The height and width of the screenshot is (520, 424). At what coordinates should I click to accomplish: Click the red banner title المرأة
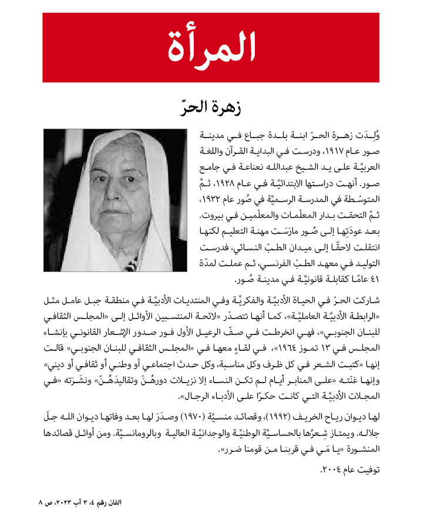[212, 48]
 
